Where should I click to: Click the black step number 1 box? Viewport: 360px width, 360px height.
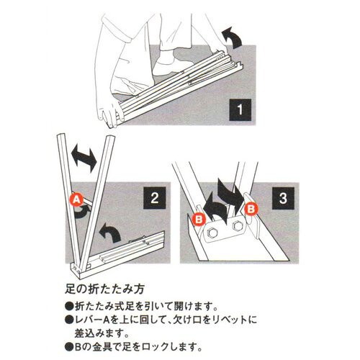click(x=240, y=109)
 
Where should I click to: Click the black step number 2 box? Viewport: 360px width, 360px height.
click(x=155, y=198)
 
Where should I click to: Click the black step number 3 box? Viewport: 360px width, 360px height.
click(x=283, y=198)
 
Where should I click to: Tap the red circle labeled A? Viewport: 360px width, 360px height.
click(x=76, y=199)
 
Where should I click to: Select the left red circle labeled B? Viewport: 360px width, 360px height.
click(x=199, y=219)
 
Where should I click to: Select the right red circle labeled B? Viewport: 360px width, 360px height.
click(x=251, y=209)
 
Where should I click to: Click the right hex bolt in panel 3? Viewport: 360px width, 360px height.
click(x=238, y=226)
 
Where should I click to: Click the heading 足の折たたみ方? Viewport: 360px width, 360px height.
click(x=104, y=289)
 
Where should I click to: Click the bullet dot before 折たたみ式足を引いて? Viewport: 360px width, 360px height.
click(x=69, y=306)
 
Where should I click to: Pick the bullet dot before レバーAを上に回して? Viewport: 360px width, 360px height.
click(x=69, y=320)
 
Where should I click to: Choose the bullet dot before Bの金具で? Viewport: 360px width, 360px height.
click(x=69, y=346)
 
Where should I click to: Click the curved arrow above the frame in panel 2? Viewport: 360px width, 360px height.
click(x=109, y=232)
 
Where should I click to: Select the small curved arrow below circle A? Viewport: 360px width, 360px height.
click(x=83, y=212)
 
